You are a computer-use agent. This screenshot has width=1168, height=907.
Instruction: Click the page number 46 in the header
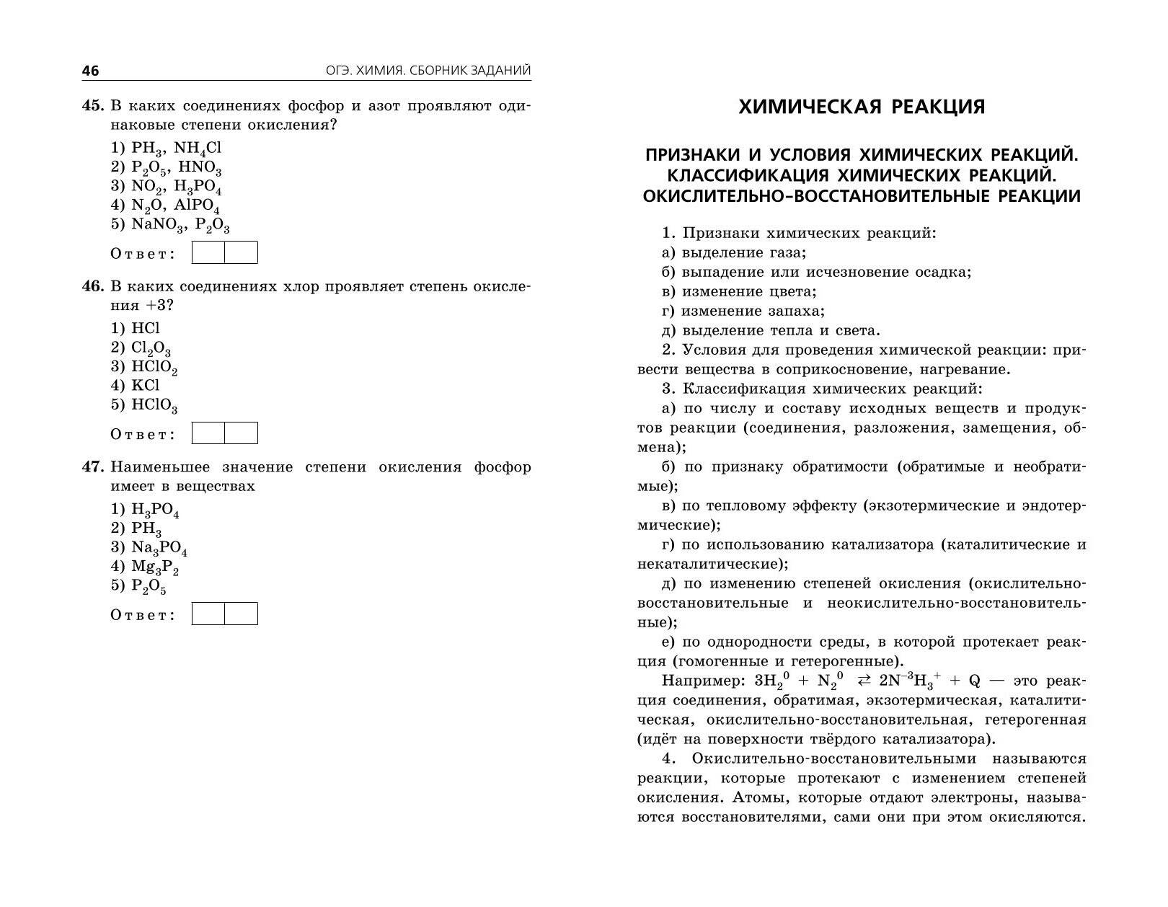click(90, 71)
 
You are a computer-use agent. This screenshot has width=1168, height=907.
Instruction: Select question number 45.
click(94, 106)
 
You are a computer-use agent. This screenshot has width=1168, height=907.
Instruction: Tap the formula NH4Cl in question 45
click(198, 149)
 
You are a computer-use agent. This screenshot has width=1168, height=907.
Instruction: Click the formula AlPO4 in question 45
click(197, 206)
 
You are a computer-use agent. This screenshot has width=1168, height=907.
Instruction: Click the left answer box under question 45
click(208, 253)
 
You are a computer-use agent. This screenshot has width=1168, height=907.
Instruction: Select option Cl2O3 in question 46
click(151, 348)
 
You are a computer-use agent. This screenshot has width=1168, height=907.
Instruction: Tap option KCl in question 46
click(145, 386)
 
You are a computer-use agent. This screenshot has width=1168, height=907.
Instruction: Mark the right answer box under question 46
click(241, 433)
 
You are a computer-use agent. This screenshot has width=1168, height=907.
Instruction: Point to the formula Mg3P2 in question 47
click(154, 567)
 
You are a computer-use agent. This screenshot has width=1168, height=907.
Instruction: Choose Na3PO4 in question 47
click(159, 548)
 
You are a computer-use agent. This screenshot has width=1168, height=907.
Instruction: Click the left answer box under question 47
click(208, 614)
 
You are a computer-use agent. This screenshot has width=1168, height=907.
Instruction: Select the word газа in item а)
click(784, 253)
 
